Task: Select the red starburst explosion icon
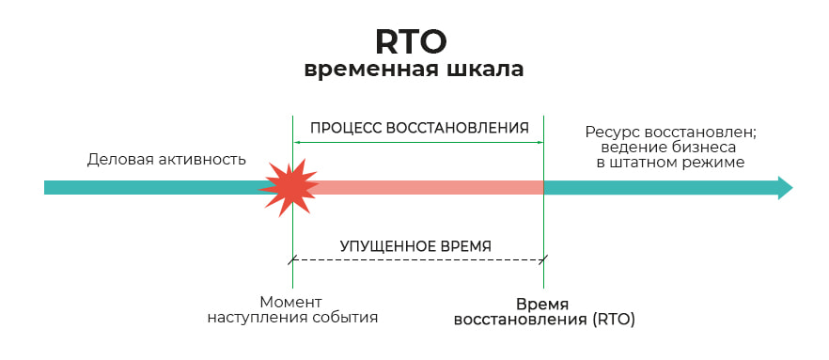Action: [x=289, y=187]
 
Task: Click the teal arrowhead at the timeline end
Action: [x=784, y=187]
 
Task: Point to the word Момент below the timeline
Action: [x=291, y=303]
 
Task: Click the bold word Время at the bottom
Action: [x=542, y=304]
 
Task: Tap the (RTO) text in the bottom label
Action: [x=614, y=320]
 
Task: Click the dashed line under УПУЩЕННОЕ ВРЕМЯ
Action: [x=418, y=258]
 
